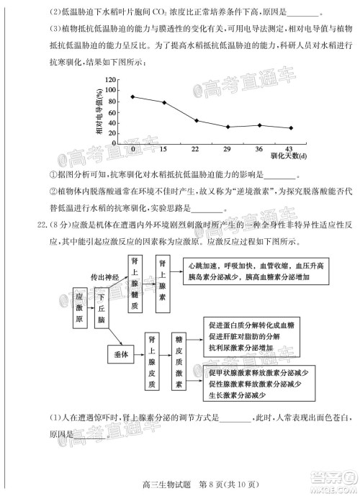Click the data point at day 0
[132, 96]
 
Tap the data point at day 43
[291, 128]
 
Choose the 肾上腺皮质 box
[151, 361]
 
